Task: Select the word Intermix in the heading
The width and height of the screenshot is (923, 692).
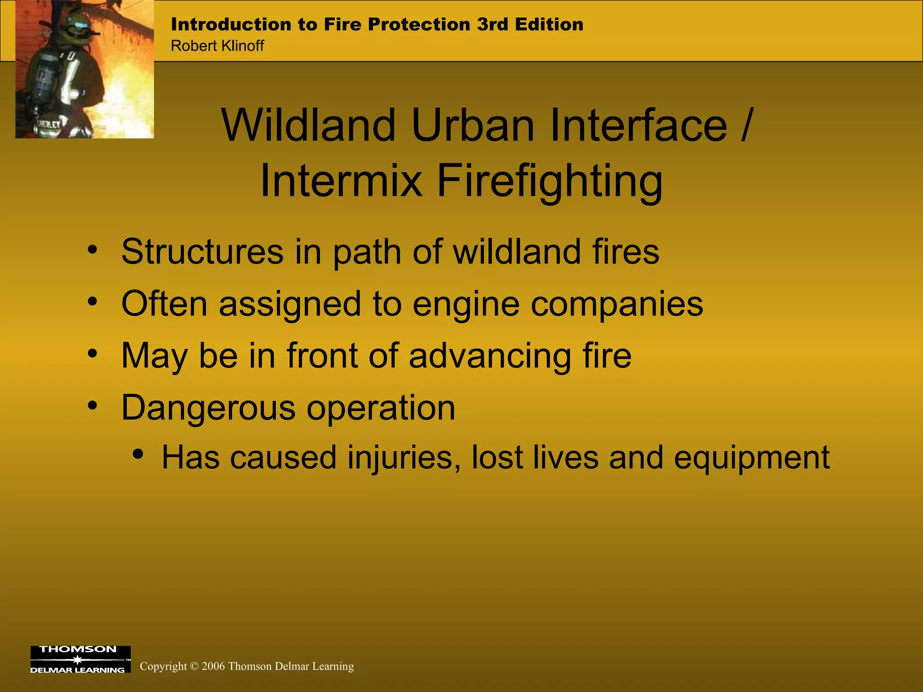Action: pyautogui.click(x=341, y=181)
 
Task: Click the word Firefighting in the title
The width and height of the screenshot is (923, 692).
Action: pyautogui.click(x=550, y=181)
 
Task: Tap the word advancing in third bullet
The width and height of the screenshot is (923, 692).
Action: pyautogui.click(x=489, y=355)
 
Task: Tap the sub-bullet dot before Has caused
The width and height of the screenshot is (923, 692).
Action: pyautogui.click(x=138, y=454)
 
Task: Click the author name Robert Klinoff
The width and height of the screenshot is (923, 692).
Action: pyautogui.click(x=217, y=46)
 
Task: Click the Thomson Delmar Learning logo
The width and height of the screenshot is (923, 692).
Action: pyautogui.click(x=80, y=659)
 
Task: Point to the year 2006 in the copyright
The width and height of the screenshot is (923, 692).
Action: pyautogui.click(x=213, y=666)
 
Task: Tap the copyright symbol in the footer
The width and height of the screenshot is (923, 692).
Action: pyautogui.click(x=194, y=666)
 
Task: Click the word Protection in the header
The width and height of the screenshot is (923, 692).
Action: pyautogui.click(x=419, y=24)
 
